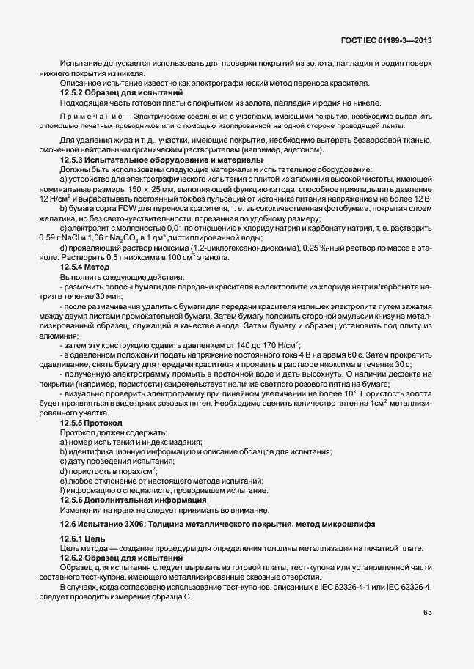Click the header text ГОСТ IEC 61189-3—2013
384,40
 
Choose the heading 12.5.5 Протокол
92,423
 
